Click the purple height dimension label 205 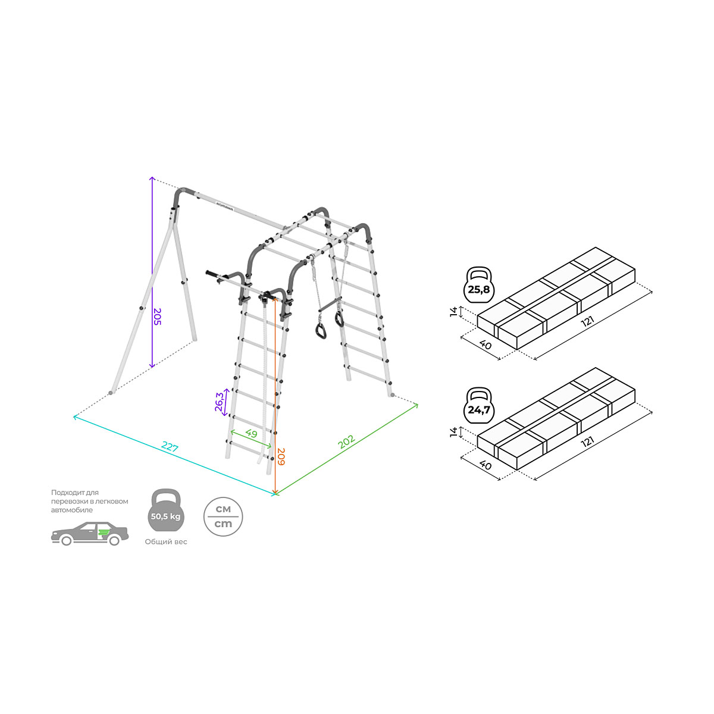[158, 317]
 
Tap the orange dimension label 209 [281, 456]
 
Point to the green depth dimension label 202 [346, 441]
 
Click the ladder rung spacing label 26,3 [220, 402]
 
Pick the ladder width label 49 [251, 433]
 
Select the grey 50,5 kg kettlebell [165, 510]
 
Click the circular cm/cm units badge [223, 516]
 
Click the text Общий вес [165, 541]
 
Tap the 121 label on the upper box [587, 321]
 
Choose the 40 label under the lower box [485, 465]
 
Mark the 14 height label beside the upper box [453, 312]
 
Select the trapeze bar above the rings [330, 304]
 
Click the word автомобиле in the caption [72, 510]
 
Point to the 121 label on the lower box [587, 441]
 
